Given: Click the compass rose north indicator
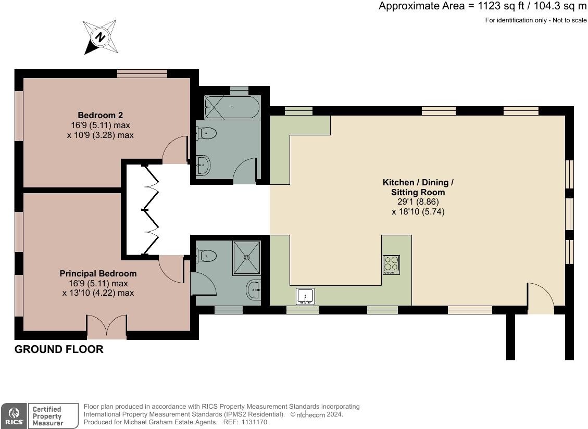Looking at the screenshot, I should point(100,37).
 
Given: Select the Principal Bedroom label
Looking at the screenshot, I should point(98,273).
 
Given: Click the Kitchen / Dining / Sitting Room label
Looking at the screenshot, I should point(418,187).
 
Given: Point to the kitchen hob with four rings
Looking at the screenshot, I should point(391,264).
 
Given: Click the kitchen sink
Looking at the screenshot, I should point(305,296).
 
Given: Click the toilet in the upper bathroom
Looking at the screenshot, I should point(207,133).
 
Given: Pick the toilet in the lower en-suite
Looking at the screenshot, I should point(207,255).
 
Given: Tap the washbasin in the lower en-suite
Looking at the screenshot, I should point(254,289).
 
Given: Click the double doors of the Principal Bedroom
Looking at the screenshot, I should point(107,327).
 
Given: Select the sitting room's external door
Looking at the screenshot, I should point(541,299).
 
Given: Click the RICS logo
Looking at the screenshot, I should point(12,415).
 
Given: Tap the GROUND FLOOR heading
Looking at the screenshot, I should point(59,349).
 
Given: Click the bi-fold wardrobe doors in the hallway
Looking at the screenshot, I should point(151,210).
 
